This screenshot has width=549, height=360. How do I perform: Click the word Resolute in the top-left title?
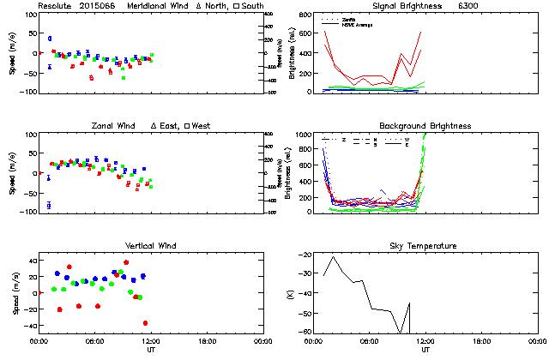point(55,6)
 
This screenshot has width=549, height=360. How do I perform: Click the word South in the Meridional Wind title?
point(252,6)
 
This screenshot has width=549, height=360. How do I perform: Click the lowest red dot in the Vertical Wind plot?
point(145,323)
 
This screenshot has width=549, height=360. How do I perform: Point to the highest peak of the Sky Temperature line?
point(334,256)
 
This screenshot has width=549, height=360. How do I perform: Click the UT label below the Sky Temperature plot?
point(425,350)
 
